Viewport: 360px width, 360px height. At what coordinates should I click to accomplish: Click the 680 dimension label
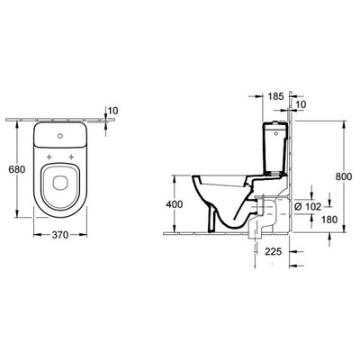pos(14,169)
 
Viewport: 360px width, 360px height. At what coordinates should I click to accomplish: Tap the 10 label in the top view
pos(112,111)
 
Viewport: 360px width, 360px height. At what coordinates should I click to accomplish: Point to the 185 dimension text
pos(275,95)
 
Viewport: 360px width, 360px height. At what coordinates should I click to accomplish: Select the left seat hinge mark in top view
pos(48,155)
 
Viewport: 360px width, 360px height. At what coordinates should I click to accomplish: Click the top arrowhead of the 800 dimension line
pos(344,121)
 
